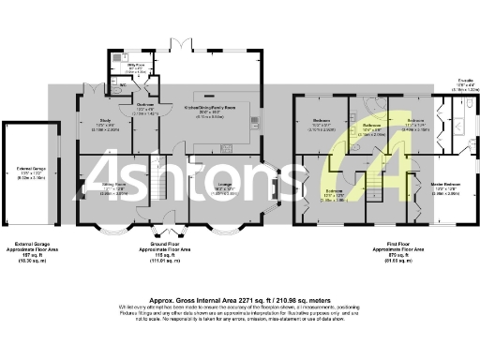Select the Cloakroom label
144,106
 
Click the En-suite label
464,87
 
